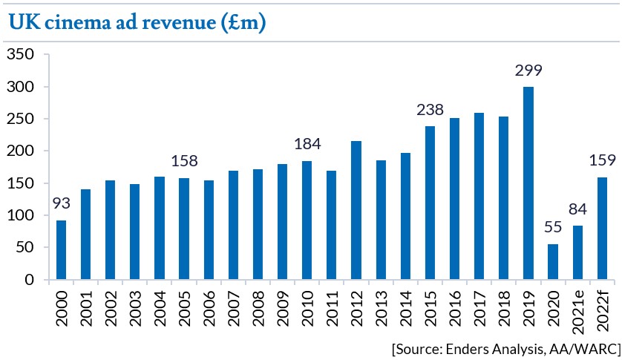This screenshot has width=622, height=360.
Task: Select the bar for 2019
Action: point(528,183)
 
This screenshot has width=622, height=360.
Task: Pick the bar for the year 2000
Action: point(62,249)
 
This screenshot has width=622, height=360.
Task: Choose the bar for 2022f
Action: point(601,228)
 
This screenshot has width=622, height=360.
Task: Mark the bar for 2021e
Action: point(577,252)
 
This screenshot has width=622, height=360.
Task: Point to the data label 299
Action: point(528,71)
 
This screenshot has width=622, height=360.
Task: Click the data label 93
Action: point(62,203)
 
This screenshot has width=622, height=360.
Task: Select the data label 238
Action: point(430,111)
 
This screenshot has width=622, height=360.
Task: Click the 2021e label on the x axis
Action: point(577,312)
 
